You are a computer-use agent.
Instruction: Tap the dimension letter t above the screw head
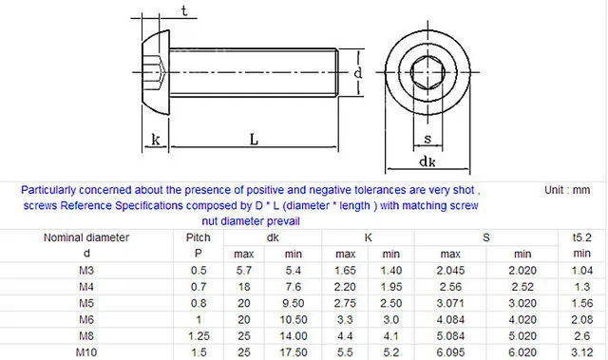coord(183,11)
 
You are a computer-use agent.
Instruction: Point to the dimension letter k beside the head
coord(155,140)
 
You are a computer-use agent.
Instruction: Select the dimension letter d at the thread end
coord(357,73)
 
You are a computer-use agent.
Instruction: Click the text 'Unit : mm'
coord(568,190)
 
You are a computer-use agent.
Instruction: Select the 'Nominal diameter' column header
coord(86,237)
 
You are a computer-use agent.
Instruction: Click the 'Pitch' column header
coord(198,237)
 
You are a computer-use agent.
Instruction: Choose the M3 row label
coord(86,271)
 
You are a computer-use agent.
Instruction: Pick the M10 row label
coord(86,352)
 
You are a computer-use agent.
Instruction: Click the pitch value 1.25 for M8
coord(198,336)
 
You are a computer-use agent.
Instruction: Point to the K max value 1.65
coord(345,271)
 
